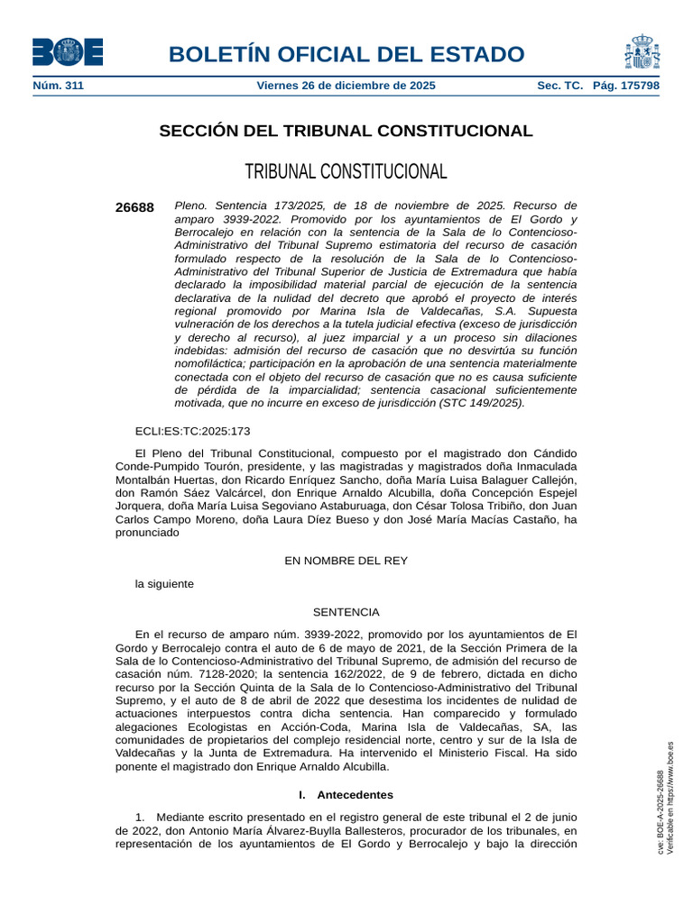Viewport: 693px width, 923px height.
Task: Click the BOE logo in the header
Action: pos(68,52)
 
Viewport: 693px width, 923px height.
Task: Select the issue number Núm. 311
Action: pos(58,86)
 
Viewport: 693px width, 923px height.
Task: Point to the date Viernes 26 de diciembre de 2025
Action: pos(346,86)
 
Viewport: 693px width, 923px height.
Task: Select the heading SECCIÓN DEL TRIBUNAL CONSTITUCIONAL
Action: pos(346,132)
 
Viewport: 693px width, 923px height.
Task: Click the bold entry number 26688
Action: pos(134,207)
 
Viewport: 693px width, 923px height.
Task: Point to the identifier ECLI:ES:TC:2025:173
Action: pos(192,432)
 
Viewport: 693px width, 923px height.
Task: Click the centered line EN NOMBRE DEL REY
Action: pos(346,561)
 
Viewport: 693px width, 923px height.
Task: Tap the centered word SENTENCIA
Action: pos(346,612)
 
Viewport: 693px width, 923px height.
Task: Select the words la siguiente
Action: pos(164,584)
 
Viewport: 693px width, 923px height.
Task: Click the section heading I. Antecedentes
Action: pos(346,795)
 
